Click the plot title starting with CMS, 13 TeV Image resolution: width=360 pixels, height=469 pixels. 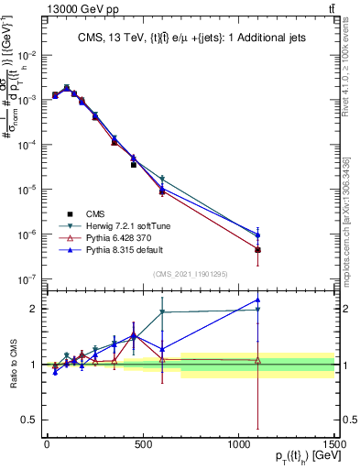point(190,38)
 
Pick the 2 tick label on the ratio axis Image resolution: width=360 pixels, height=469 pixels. point(34,309)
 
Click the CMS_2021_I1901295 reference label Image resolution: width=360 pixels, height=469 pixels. point(190,274)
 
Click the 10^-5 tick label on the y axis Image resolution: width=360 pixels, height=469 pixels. point(28,190)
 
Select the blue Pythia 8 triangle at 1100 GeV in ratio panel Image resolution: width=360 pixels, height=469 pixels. point(258,300)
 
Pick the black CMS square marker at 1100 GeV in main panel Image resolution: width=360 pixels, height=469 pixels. point(258,250)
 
